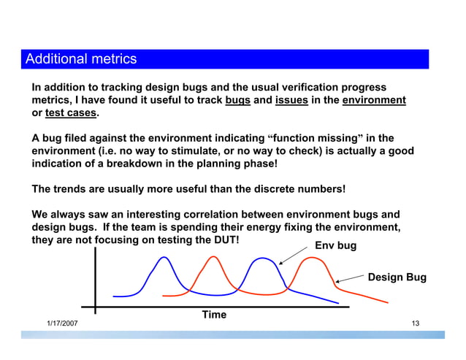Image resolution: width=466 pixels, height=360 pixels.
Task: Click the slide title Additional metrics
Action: click(81, 58)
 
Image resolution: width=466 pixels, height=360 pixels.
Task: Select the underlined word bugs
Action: click(238, 101)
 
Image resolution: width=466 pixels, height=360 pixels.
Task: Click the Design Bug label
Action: click(397, 277)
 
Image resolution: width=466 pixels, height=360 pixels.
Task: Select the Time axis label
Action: click(214, 315)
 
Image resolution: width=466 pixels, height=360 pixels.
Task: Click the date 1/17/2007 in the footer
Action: click(62, 323)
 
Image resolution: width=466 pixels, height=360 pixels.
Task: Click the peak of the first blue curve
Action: click(167, 258)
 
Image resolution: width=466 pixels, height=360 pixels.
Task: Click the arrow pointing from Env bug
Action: click(293, 253)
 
